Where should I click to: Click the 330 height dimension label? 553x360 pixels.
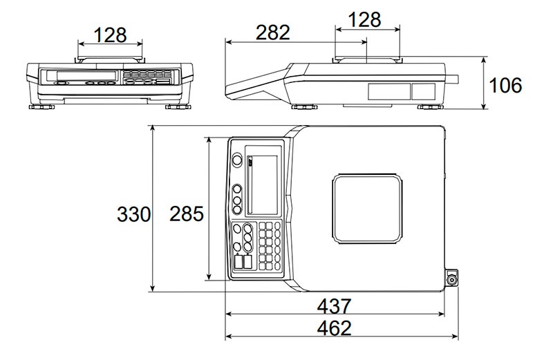coord(133,214)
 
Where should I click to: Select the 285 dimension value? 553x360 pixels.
coord(187,214)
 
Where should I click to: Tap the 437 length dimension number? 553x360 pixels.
coord(334,306)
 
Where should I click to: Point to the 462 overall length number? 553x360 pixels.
coord(334,328)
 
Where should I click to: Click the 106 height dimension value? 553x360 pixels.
coord(505,85)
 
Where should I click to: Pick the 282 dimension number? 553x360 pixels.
coord(272,32)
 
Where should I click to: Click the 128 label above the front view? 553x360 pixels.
coord(110,35)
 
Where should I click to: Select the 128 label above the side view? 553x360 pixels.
coord(364,19)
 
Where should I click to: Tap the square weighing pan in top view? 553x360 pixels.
coord(367,209)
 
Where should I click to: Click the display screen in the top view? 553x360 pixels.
coord(263,184)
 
